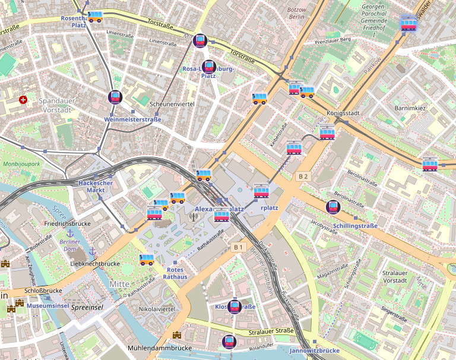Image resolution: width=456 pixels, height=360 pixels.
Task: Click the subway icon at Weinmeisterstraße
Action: (x=115, y=97)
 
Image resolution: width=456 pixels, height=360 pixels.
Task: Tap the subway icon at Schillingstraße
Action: (x=333, y=207)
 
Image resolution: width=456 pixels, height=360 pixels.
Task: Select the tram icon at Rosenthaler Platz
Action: (x=95, y=17)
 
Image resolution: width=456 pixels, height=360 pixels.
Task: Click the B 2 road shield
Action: (x=303, y=176)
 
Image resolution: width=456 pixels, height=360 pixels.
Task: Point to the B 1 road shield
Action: (x=239, y=247)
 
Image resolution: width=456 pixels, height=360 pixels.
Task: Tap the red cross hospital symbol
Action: (x=23, y=100)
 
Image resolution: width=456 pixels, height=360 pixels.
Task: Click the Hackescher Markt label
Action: (x=96, y=187)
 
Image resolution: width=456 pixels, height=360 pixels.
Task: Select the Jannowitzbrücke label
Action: (x=314, y=351)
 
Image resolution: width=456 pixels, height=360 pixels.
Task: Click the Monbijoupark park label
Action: (x=21, y=163)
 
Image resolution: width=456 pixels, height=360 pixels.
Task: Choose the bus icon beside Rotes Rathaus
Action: (x=147, y=259)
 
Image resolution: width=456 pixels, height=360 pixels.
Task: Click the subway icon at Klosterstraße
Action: (x=235, y=307)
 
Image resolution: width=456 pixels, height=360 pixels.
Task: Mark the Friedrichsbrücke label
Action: (x=66, y=223)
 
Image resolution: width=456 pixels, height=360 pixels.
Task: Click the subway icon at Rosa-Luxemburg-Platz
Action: (x=208, y=67)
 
